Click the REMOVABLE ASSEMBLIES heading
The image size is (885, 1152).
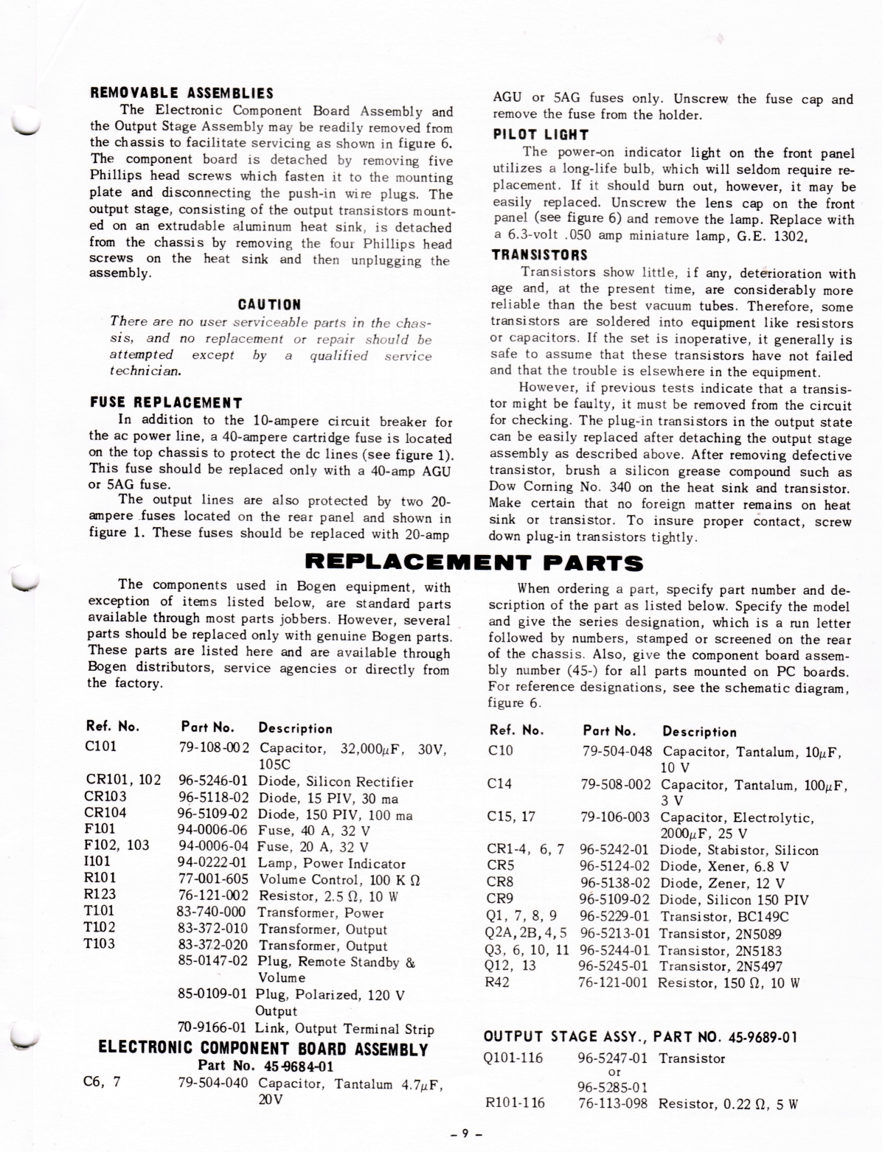pyautogui.click(x=181, y=94)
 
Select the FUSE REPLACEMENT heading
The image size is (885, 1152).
pyautogui.click(x=165, y=402)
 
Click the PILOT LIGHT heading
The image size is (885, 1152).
pyautogui.click(x=541, y=134)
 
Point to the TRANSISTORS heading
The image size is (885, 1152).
pyautogui.click(x=539, y=255)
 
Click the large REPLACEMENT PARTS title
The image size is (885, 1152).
pyautogui.click(x=473, y=564)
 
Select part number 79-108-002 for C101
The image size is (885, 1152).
pyautogui.click(x=214, y=747)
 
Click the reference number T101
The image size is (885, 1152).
pyautogui.click(x=101, y=911)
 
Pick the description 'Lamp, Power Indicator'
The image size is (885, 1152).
pyautogui.click(x=332, y=863)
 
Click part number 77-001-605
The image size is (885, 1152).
pyautogui.click(x=213, y=879)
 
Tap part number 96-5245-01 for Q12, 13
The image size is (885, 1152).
pyautogui.click(x=613, y=966)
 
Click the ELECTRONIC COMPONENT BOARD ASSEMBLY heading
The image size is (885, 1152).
pyautogui.click(x=263, y=1049)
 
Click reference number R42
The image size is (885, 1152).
pyautogui.click(x=499, y=982)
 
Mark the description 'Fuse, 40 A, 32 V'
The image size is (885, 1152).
pyautogui.click(x=314, y=831)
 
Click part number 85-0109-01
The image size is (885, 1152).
pyautogui.click(x=212, y=994)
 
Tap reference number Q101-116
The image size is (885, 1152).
pyautogui.click(x=513, y=1058)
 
